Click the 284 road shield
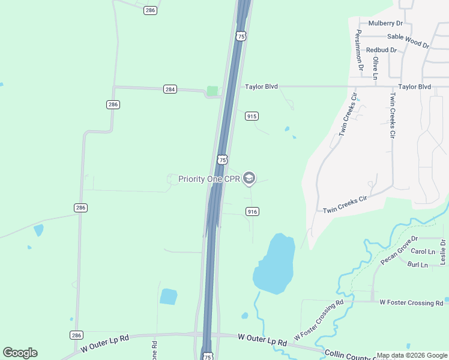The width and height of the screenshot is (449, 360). click(170, 89)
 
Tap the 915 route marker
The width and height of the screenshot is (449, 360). click(252, 116)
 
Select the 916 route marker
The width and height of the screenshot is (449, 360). click(252, 211)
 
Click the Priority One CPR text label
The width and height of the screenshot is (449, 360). click(209, 179)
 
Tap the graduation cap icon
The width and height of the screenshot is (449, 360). click(249, 178)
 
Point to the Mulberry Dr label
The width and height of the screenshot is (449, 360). click(385, 23)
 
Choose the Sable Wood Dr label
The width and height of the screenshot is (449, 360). click(408, 40)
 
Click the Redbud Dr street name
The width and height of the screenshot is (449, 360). click(381, 50)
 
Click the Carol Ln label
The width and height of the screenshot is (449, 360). click(423, 251)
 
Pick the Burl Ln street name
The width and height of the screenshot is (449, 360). click(417, 265)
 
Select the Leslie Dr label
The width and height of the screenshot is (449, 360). click(443, 252)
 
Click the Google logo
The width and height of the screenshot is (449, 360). click(20, 353)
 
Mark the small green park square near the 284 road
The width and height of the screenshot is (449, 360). click(212, 91)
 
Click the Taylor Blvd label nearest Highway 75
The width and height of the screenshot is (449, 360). click(261, 86)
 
